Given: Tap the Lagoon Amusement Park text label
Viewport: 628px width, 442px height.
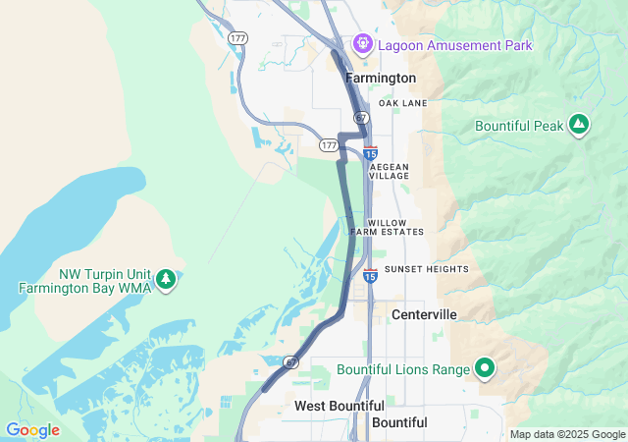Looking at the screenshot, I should [x=454, y=45].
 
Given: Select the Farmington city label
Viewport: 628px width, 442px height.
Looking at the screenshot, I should [x=381, y=78].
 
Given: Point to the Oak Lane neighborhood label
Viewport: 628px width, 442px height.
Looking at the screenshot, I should [x=402, y=103].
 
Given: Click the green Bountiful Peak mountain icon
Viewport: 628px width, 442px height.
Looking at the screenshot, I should [x=579, y=125].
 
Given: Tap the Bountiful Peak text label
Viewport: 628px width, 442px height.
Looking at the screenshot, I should [x=519, y=126].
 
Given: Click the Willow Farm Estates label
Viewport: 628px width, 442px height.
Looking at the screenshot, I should [x=395, y=227].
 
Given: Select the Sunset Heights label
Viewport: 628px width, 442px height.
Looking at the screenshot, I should [x=426, y=269].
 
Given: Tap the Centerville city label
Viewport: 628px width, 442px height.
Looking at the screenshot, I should [x=424, y=314].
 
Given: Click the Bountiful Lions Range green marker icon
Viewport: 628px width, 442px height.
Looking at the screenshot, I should [x=484, y=369].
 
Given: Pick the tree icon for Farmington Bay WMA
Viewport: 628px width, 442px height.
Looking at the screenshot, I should [x=166, y=280].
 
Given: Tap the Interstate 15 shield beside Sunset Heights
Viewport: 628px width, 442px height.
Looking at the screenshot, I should [x=370, y=276].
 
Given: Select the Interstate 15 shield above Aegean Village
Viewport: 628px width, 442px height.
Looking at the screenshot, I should [x=370, y=153].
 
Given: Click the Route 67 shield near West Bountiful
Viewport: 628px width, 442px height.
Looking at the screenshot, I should [x=291, y=362].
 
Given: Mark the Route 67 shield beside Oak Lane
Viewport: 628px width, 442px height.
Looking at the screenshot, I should [x=361, y=117].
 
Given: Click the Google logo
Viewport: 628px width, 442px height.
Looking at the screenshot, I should [x=32, y=430].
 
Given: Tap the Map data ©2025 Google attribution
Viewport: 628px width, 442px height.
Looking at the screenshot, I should [x=567, y=434].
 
